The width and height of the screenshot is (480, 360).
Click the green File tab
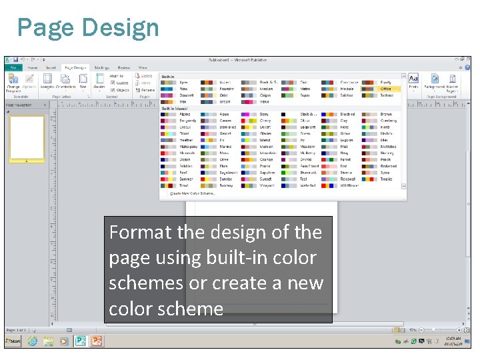click(13, 67)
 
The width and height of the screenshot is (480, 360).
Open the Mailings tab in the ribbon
click(101, 67)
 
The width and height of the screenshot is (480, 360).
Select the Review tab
click(124, 67)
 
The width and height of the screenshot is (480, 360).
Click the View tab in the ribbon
click(143, 67)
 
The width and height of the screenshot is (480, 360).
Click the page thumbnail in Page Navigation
click(27, 139)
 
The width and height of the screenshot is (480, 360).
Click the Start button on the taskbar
click(13, 341)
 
